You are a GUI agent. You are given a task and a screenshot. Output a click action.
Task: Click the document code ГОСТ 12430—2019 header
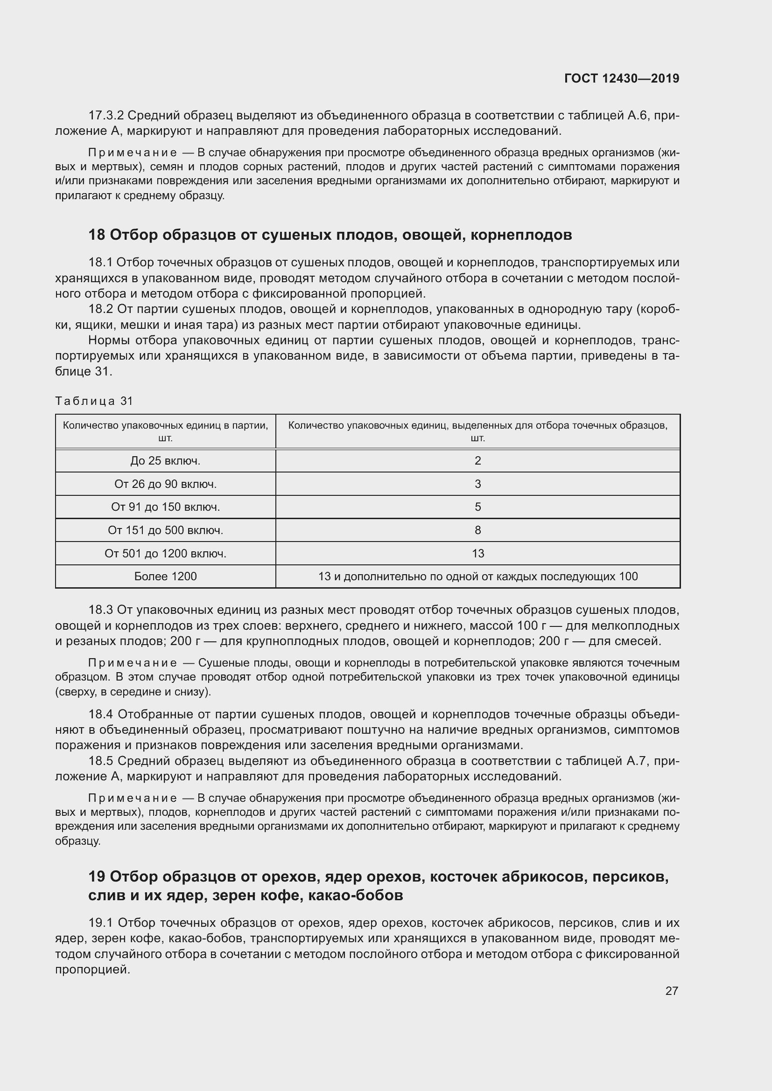[x=622, y=78]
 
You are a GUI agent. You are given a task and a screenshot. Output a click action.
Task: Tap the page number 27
[x=671, y=991]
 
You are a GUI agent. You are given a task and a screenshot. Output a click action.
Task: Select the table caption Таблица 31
[x=94, y=401]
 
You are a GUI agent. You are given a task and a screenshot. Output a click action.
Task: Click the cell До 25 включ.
[x=165, y=461]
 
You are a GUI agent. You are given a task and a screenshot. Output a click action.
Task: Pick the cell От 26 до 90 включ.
[x=165, y=484]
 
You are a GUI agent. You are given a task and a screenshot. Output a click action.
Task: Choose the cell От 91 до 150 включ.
[x=165, y=507]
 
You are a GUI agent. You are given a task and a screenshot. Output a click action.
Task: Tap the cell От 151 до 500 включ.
[x=165, y=530]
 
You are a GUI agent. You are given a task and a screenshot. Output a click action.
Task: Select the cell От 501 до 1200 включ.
[x=165, y=554]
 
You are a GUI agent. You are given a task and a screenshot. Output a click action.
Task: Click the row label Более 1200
[x=165, y=577]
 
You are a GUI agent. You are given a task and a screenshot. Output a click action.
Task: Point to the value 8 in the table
[x=478, y=530]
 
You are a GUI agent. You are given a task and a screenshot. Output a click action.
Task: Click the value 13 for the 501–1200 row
[x=478, y=554]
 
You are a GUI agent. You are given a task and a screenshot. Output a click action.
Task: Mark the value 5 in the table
[x=478, y=507]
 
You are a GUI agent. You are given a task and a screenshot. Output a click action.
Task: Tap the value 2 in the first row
[x=478, y=461]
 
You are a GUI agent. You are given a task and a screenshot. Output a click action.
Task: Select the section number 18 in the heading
[x=97, y=235]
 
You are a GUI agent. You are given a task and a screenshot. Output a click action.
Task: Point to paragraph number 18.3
[x=100, y=610]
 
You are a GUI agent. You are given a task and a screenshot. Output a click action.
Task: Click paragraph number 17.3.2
[x=106, y=116]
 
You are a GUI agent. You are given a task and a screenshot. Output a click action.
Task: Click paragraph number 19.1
[x=100, y=923]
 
